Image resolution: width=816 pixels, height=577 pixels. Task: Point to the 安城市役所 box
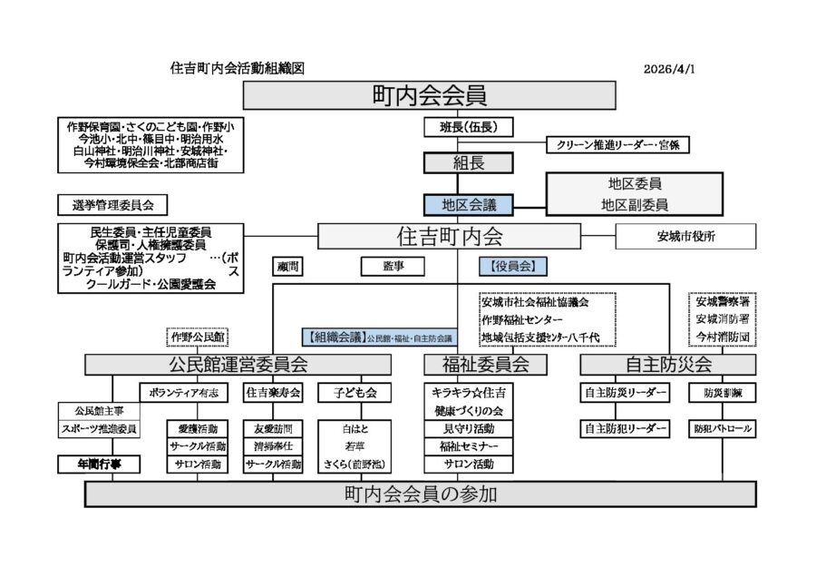(x=685, y=237)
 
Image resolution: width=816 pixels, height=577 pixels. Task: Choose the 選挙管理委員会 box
(x=107, y=204)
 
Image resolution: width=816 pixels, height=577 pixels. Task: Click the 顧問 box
(x=287, y=266)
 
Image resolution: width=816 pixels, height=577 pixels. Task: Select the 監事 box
(x=393, y=266)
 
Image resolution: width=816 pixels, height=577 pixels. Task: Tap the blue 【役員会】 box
(x=512, y=266)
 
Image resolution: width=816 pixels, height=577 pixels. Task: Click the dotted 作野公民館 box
(x=197, y=337)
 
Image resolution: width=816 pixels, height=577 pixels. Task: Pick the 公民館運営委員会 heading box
(x=238, y=365)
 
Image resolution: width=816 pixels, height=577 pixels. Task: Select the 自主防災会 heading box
(x=668, y=365)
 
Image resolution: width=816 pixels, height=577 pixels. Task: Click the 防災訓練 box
(x=722, y=393)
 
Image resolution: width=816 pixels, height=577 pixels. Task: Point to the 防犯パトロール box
(x=722, y=427)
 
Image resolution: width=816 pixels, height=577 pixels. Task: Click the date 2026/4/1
(x=670, y=69)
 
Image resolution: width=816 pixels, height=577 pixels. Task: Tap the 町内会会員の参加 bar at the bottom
(x=421, y=494)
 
